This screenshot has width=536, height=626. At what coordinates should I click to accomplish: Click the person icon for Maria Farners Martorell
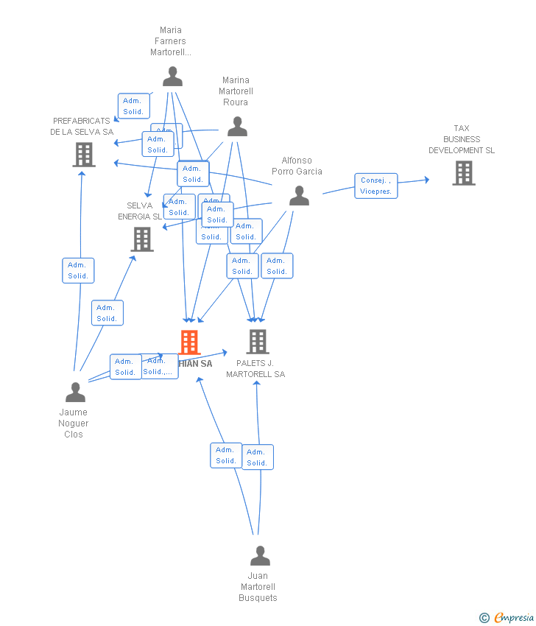pyautogui.click(x=172, y=77)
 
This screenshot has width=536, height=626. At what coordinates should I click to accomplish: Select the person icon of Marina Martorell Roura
pyautogui.click(x=237, y=127)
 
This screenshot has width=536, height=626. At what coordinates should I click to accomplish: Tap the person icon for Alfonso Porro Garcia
pyautogui.click(x=299, y=195)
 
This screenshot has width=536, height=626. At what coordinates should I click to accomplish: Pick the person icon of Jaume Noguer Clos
pyautogui.click(x=75, y=393)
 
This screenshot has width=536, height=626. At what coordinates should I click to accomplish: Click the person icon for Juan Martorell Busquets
pyautogui.click(x=260, y=555)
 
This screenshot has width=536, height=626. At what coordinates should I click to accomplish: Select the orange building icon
pyautogui.click(x=189, y=342)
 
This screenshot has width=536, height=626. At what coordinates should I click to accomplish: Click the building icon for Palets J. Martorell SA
pyautogui.click(x=257, y=342)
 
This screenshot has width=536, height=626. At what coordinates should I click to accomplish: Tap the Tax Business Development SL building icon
pyautogui.click(x=463, y=173)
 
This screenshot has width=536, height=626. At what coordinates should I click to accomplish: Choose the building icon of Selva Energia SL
pyautogui.click(x=142, y=239)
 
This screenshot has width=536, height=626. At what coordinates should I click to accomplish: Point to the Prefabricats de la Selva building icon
pyautogui.click(x=84, y=155)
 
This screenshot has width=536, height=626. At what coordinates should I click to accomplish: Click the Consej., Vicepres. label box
pyautogui.click(x=375, y=186)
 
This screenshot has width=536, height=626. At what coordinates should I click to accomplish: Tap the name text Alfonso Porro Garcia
pyautogui.click(x=297, y=166)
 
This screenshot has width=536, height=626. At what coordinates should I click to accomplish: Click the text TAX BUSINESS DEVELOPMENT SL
pyautogui.click(x=462, y=139)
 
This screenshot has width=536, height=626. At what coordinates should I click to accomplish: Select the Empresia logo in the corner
pyautogui.click(x=514, y=618)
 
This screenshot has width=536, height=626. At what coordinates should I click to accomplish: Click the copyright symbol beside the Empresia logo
pyautogui.click(x=484, y=618)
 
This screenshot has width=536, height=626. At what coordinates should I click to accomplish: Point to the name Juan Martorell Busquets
pyautogui.click(x=258, y=587)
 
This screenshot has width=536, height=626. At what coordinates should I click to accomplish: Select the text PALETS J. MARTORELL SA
pyautogui.click(x=255, y=369)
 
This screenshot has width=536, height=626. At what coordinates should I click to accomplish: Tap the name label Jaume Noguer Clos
pyautogui.click(x=74, y=423)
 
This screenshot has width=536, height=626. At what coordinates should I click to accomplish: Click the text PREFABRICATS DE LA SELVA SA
pyautogui.click(x=82, y=127)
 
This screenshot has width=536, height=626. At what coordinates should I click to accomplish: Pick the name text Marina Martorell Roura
pyautogui.click(x=236, y=91)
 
